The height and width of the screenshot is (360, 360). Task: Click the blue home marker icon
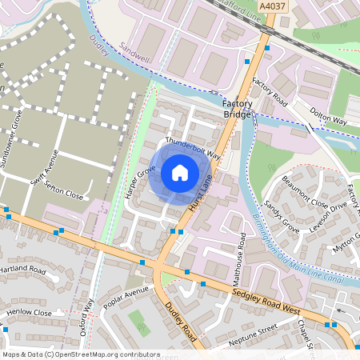180,172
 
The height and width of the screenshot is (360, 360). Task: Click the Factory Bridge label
238,110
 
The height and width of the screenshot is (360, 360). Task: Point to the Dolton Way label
328,117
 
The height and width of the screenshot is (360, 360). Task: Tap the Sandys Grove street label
284,218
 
